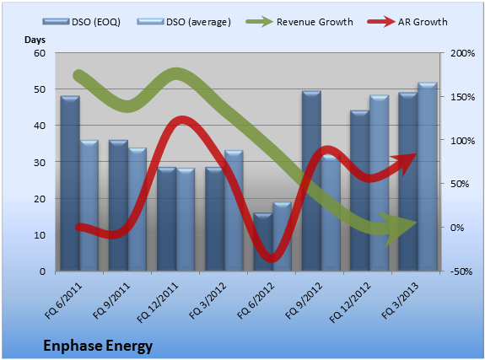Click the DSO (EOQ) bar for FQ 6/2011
tap(70, 184)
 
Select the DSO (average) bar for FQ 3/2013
tap(427, 176)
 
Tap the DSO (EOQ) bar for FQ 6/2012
tap(263, 242)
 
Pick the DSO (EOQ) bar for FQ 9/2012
tap(311, 181)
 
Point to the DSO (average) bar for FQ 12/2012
tap(379, 183)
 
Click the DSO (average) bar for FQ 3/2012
tap(234, 211)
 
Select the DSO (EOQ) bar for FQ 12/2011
tap(166, 219)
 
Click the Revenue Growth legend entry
tap(299, 22)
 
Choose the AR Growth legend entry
tap(407, 22)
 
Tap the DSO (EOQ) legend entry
tap(82, 22)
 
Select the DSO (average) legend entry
tap(184, 22)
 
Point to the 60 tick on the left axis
tap(40, 53)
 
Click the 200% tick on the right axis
tap(462, 53)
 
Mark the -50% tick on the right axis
tap(461, 271)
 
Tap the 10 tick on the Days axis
tap(40, 235)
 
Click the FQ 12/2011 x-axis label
tap(158, 303)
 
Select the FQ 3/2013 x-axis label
tap(400, 300)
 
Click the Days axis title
tap(35, 40)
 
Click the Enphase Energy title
tap(98, 346)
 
